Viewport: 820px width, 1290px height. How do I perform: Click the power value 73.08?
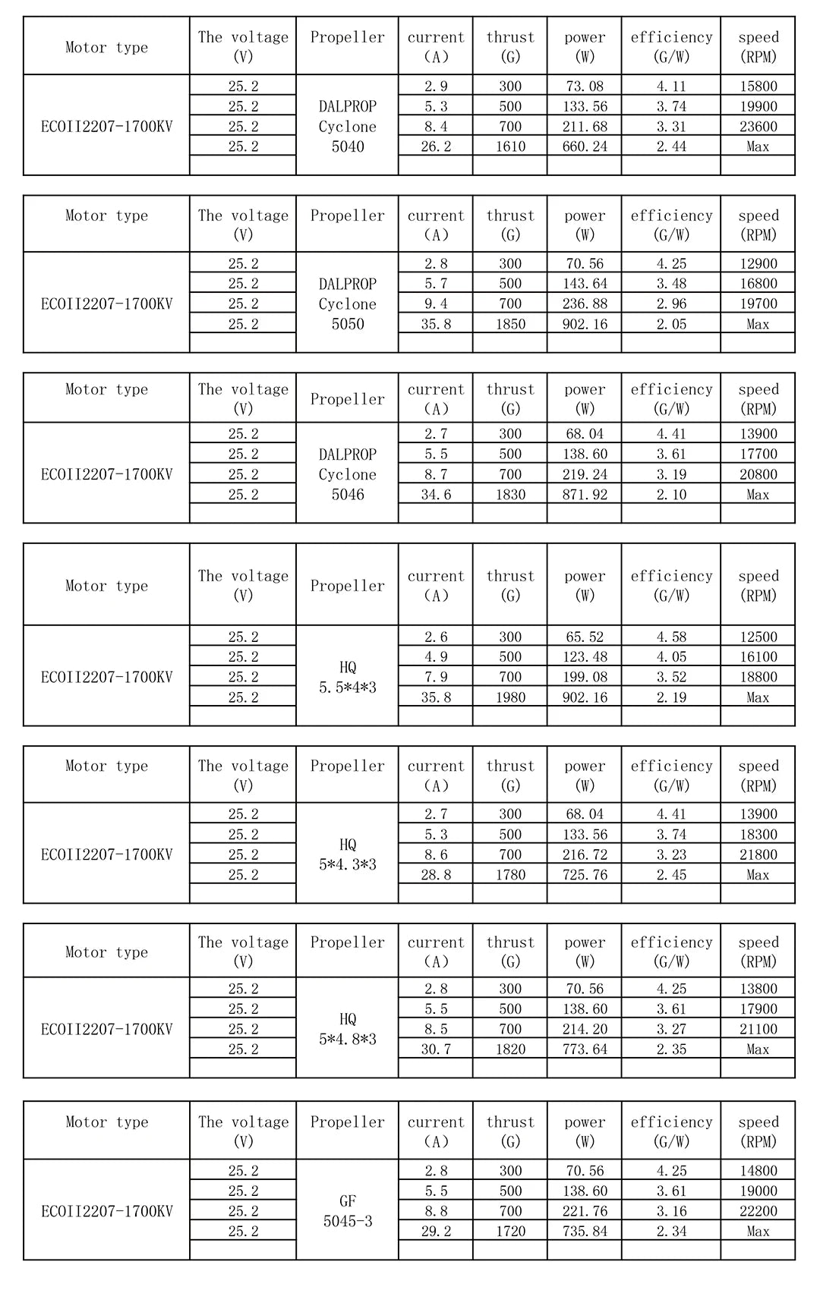(585, 86)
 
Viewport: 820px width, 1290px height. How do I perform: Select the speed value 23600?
(758, 126)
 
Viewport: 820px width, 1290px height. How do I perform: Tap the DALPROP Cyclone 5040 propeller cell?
(347, 126)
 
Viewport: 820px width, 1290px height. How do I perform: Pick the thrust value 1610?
(510, 146)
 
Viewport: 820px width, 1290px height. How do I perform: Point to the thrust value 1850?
(510, 324)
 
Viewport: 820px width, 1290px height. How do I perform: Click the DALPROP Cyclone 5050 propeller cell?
(347, 304)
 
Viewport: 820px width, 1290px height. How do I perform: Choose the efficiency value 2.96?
(671, 304)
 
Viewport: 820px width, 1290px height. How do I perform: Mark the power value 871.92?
(585, 494)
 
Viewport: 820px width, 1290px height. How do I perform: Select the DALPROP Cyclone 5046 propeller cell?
(347, 474)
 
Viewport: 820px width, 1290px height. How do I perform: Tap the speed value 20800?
(758, 474)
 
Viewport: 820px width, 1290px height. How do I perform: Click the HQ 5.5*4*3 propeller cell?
(347, 677)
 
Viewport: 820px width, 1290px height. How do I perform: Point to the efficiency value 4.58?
(671, 637)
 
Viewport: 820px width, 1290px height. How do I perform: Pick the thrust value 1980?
(510, 697)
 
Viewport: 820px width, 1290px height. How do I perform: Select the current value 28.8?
(436, 875)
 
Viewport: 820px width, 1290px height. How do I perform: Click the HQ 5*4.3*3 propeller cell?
(347, 854)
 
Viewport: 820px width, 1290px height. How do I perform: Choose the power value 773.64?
(585, 1049)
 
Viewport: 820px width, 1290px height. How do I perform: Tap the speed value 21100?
(758, 1029)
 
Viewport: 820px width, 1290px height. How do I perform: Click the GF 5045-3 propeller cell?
(347, 1211)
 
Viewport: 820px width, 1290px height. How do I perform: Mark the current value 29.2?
(436, 1232)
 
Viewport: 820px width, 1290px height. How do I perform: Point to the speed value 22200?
(758, 1211)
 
